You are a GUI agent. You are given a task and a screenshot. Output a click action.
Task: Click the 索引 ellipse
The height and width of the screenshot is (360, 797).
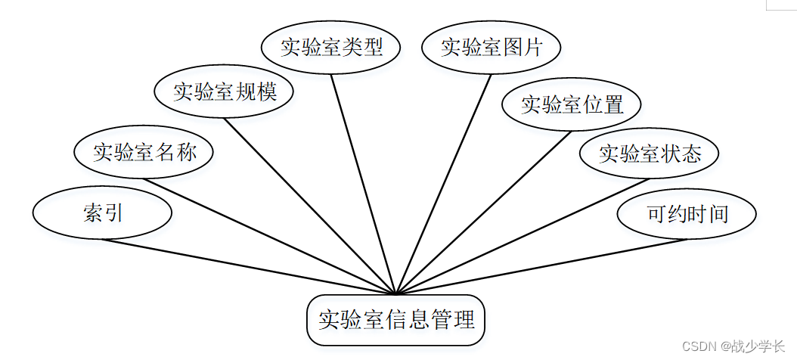pos(103,213)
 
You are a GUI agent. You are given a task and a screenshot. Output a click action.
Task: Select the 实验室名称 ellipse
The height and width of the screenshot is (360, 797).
pos(144,153)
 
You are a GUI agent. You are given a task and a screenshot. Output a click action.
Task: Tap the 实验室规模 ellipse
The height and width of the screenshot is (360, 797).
pos(224,92)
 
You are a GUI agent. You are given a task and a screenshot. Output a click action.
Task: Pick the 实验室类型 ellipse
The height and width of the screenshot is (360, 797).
pos(331,48)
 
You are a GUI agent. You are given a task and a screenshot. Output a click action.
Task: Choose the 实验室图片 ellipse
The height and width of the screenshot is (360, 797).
pos(492,48)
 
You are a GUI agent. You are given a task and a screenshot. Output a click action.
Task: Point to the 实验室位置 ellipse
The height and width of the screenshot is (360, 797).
pos(572,105)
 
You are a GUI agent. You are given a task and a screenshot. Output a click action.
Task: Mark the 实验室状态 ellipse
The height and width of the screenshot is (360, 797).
pos(650,154)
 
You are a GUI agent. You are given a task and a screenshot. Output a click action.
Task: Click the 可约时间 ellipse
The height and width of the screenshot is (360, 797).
pos(687,214)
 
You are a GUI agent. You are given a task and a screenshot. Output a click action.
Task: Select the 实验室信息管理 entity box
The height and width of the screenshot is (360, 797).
pos(395,319)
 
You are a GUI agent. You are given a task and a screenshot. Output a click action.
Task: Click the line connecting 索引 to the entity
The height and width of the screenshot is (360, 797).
pos(250,266)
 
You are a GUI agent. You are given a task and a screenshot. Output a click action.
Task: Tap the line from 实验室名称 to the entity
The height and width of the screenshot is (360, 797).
pos(270,236)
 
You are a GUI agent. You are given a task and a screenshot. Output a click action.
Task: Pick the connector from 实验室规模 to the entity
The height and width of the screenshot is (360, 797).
pos(310,206)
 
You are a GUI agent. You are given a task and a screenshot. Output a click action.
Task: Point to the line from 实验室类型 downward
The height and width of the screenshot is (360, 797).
pos(363,183)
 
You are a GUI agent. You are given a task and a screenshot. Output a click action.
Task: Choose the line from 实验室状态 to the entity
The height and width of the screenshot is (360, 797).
pos(522,236)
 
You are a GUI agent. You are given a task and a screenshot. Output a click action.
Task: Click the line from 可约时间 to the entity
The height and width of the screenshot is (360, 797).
pos(541,266)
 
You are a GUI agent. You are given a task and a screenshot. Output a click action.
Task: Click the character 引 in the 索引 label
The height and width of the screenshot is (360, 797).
pos(113,213)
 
